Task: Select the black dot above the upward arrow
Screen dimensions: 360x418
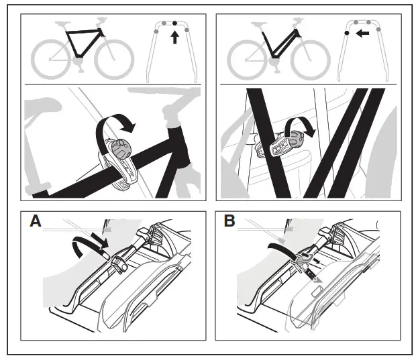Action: click(x=176, y=23)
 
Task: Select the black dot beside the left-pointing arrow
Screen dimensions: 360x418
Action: click(x=347, y=32)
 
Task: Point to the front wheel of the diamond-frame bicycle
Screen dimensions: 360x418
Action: click(x=113, y=59)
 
